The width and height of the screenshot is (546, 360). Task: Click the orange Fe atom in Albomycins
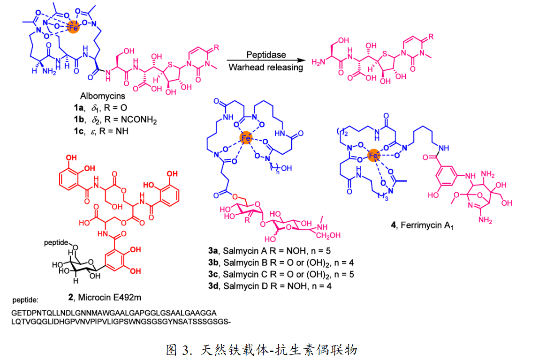(x=72, y=28)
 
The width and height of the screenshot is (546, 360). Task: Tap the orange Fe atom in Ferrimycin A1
(x=373, y=156)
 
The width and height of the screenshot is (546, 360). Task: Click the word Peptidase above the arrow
(x=266, y=55)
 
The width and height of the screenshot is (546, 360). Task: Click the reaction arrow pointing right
(x=265, y=61)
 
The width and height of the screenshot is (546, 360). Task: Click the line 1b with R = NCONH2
(x=108, y=121)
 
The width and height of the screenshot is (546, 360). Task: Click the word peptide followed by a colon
(x=24, y=300)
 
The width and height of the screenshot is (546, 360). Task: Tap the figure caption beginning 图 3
(x=262, y=349)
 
